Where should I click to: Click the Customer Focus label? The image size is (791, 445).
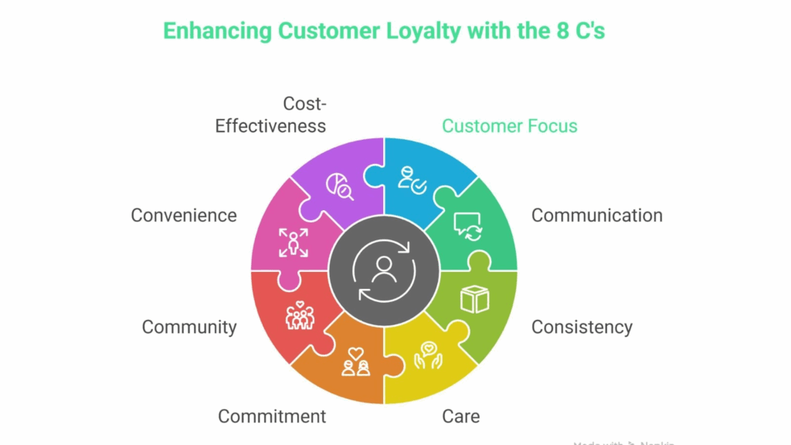[509, 126]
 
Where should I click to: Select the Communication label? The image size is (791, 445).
[596, 216]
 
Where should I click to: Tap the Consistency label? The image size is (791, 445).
[582, 327]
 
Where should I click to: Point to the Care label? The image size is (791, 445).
[461, 416]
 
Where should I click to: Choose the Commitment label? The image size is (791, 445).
[272, 416]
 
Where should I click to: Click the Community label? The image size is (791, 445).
[189, 327]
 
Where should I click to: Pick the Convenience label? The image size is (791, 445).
[184, 216]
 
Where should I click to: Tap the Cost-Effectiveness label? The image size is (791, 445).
[270, 114]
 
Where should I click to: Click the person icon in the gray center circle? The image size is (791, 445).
[384, 270]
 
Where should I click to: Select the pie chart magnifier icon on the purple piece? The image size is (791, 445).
[340, 185]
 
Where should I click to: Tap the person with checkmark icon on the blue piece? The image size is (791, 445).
[412, 179]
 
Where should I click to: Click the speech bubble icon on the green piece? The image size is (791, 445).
[469, 225]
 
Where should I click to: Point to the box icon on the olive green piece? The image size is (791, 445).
[474, 299]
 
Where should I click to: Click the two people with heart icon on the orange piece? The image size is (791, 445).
[355, 362]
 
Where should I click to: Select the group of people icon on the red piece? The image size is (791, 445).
[300, 314]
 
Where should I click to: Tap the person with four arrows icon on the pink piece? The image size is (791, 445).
[294, 242]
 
